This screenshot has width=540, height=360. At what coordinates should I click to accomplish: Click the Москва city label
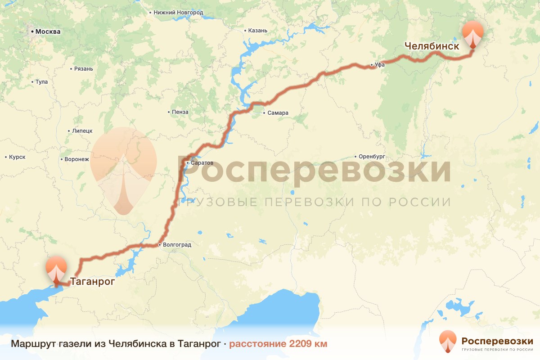[x=47, y=32]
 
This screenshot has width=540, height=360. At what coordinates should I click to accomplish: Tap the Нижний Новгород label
[x=178, y=13]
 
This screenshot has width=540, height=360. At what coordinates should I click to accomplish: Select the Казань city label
[x=258, y=31]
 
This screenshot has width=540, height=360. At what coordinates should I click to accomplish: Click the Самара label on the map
[x=278, y=113]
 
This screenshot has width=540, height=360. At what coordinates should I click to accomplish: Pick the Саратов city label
[x=202, y=162]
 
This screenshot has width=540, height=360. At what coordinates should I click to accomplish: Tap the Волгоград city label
[x=177, y=245]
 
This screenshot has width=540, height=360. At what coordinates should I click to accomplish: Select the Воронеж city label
[x=77, y=159]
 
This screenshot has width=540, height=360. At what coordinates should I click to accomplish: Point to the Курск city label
[x=17, y=157]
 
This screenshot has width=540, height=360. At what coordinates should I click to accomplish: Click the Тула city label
[x=41, y=82]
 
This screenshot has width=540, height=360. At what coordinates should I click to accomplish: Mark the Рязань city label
[x=84, y=69]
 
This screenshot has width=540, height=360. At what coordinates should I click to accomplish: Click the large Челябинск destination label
[x=432, y=46]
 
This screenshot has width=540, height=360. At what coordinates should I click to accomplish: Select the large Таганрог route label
[x=93, y=282]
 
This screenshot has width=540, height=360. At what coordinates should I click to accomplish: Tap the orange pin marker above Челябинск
[x=473, y=33]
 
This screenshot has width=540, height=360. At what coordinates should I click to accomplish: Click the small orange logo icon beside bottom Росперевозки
[x=448, y=342]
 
